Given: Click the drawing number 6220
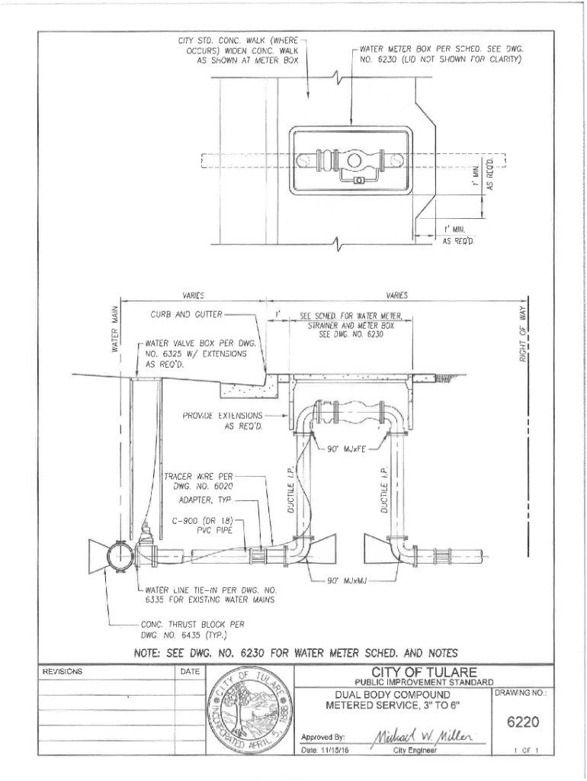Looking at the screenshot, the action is (522, 722).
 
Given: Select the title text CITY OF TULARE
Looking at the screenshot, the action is (424, 672).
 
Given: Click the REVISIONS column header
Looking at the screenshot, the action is (63, 671).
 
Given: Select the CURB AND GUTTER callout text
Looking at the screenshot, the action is (186, 314).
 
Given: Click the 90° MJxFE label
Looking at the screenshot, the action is (347, 448).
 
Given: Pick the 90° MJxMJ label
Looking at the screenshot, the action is (347, 581).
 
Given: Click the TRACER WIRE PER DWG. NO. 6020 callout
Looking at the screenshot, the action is (199, 480).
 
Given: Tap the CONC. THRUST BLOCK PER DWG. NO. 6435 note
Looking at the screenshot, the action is (193, 628).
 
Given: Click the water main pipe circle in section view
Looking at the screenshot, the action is (120, 554).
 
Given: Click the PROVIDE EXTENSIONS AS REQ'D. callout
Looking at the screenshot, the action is (223, 420).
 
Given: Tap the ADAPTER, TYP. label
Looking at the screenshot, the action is (205, 500).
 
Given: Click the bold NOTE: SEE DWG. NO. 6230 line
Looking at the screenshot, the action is (296, 653).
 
